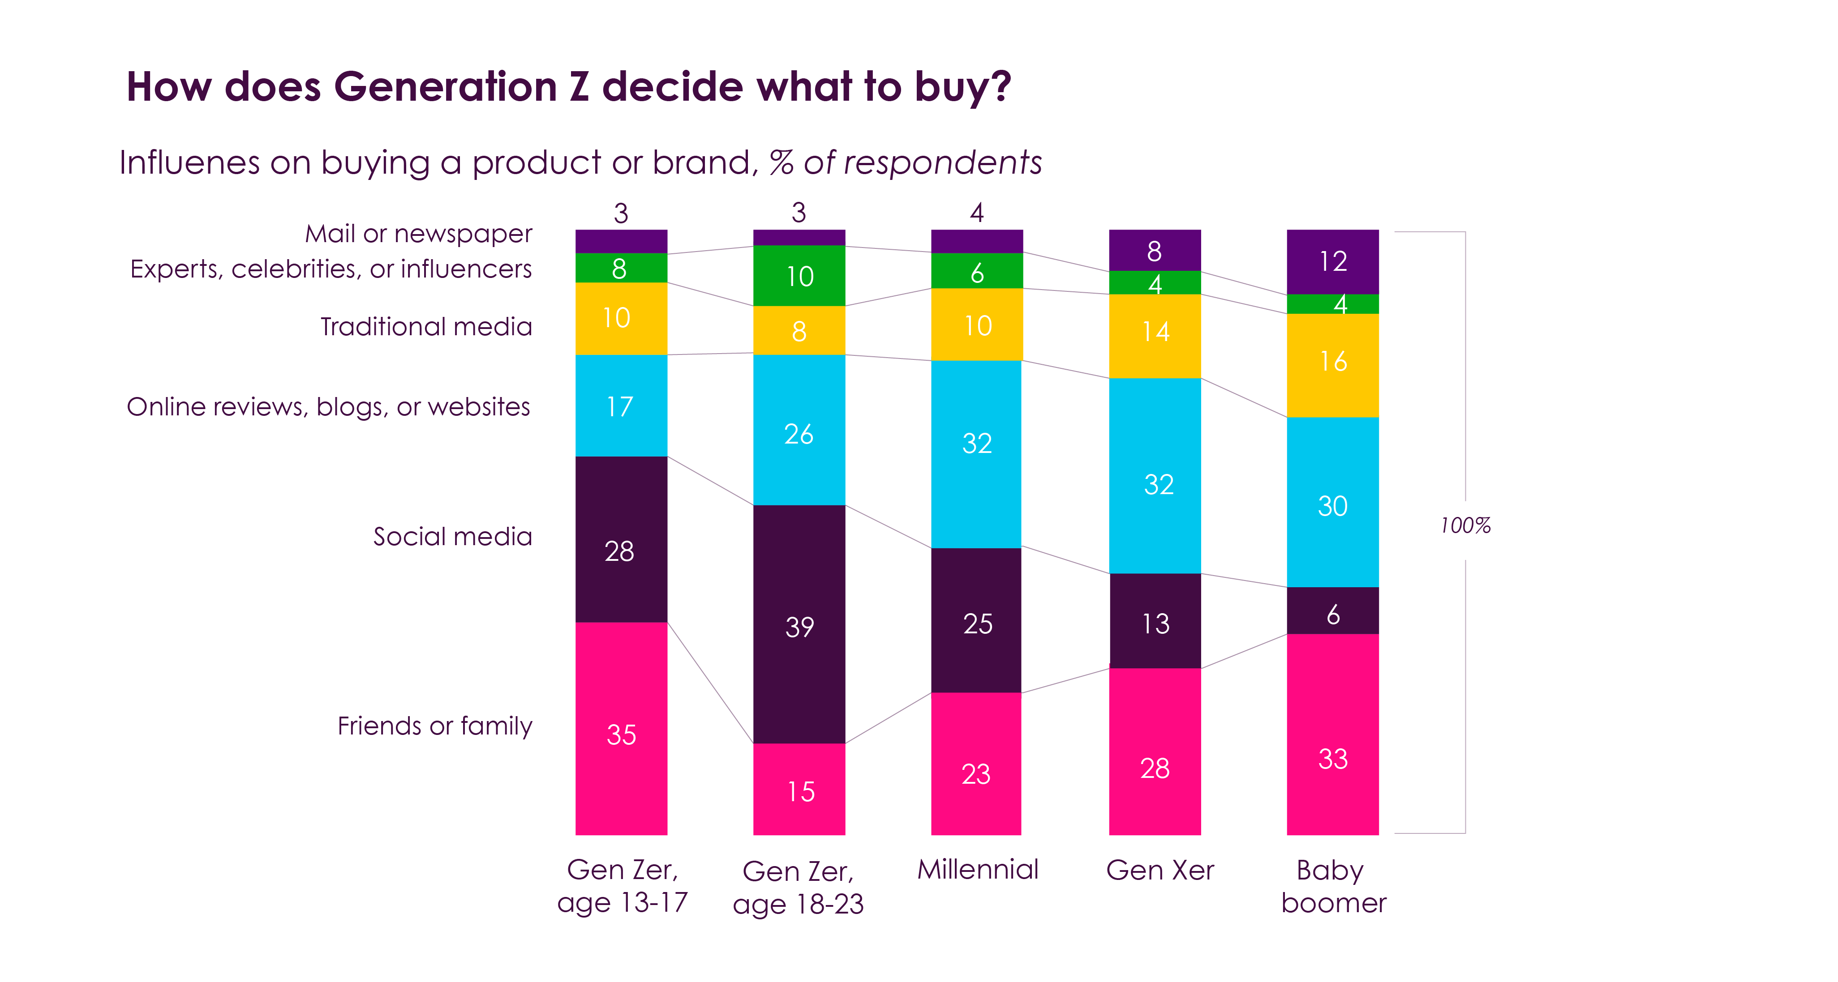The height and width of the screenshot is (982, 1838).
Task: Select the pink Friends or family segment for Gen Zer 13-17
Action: click(x=621, y=727)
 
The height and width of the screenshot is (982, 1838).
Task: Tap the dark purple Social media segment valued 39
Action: click(x=799, y=624)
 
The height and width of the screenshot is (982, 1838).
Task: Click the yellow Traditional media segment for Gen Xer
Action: click(x=1155, y=335)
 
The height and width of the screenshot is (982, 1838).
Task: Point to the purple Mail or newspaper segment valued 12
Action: click(x=1332, y=261)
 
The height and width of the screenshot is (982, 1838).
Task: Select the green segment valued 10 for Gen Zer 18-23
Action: click(x=799, y=275)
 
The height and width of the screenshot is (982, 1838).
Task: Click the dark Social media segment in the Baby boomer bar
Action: click(x=1332, y=611)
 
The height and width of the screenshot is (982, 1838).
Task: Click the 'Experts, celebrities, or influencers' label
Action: click(x=331, y=269)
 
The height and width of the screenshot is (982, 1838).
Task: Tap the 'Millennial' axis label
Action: click(x=978, y=869)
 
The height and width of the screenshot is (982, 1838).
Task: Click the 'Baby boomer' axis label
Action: click(x=1332, y=886)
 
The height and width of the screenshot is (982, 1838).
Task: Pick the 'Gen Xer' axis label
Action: click(x=1159, y=870)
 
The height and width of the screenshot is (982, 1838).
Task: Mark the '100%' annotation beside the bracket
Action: click(x=1465, y=525)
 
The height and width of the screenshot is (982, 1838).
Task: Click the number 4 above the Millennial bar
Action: click(x=977, y=213)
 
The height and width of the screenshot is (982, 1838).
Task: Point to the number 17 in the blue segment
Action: click(x=619, y=406)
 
